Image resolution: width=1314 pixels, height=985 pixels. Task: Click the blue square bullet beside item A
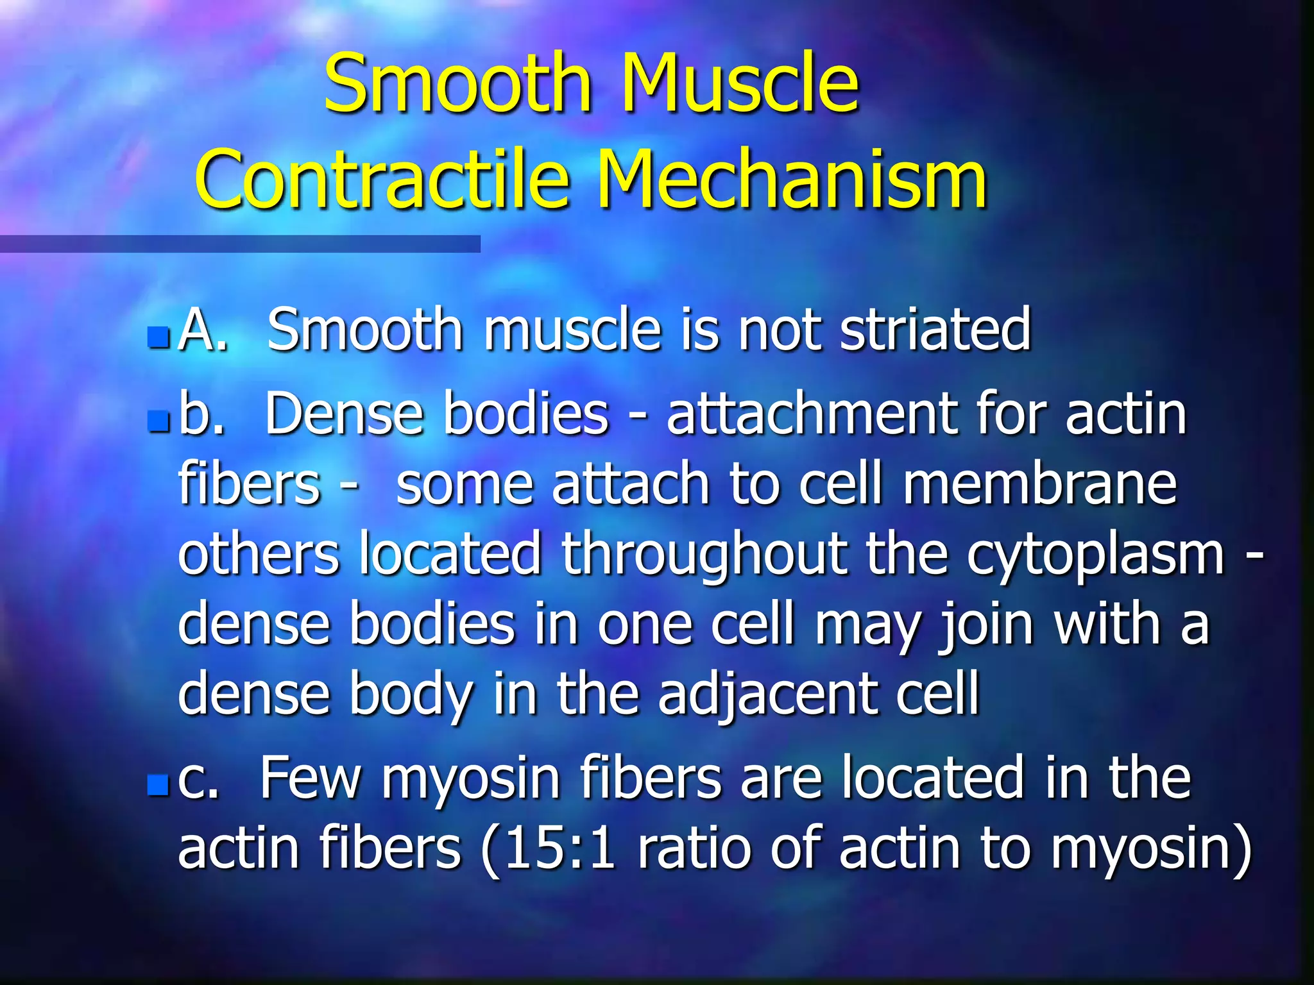158,336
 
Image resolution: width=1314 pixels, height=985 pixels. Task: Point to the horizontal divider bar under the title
240,244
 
